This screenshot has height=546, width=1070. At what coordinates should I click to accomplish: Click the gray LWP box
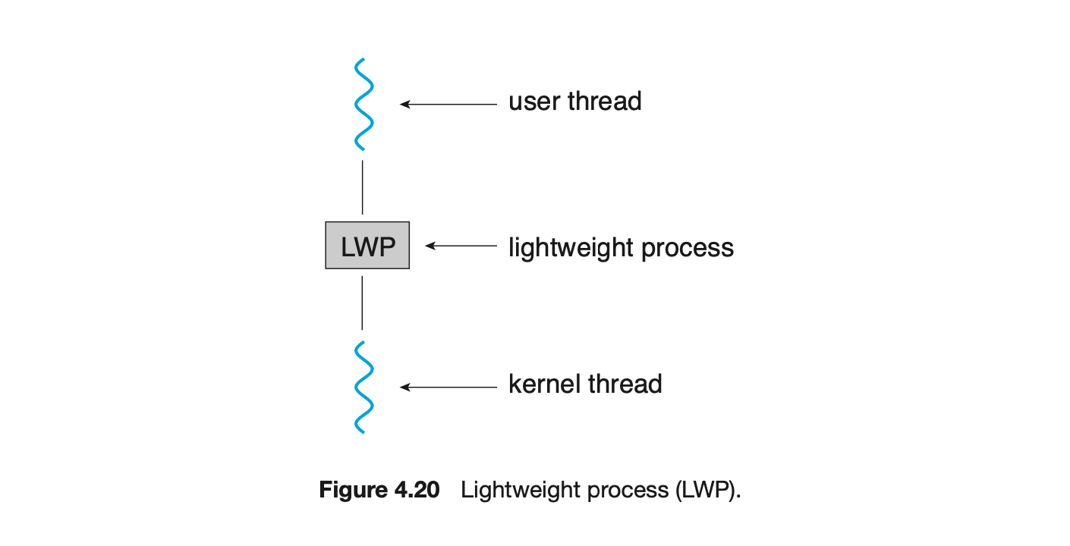[x=367, y=245]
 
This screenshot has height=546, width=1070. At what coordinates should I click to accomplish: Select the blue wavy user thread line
[x=363, y=104]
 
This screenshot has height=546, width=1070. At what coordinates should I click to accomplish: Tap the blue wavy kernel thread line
[x=363, y=387]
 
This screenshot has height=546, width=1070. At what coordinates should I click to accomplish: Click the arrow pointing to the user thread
[x=448, y=104]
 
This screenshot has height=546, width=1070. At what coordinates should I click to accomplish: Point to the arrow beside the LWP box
[x=461, y=245]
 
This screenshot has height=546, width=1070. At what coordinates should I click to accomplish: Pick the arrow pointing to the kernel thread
[x=448, y=387]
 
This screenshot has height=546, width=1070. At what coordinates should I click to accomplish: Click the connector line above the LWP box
[x=362, y=187]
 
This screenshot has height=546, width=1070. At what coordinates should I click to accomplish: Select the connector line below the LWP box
[x=362, y=303]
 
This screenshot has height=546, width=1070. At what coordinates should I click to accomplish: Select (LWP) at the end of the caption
[x=706, y=490]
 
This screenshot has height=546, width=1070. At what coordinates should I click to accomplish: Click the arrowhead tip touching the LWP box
[x=428, y=245]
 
